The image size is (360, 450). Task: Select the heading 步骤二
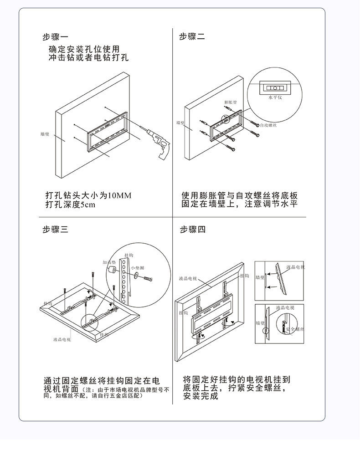click(x=192, y=37)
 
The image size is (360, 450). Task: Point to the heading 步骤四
click(x=192, y=230)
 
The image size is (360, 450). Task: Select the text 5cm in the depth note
click(x=87, y=205)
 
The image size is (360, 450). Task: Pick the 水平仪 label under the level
click(x=275, y=97)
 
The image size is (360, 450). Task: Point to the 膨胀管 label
click(x=230, y=102)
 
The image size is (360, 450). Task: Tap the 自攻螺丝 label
click(x=268, y=125)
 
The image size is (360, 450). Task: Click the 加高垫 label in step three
click(x=109, y=262)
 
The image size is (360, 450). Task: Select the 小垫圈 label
click(x=137, y=268)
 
